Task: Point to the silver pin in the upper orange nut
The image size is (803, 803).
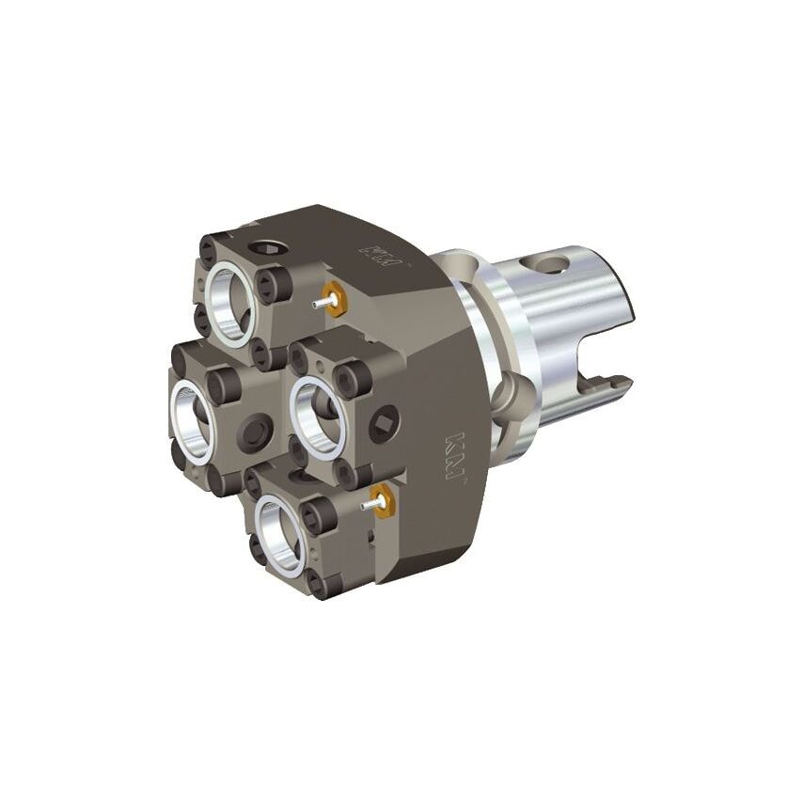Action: point(320,302)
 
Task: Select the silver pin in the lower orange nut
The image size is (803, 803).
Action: point(370,507)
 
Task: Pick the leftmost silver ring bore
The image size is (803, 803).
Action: point(194,417)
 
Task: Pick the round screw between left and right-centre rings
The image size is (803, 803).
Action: point(255,432)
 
